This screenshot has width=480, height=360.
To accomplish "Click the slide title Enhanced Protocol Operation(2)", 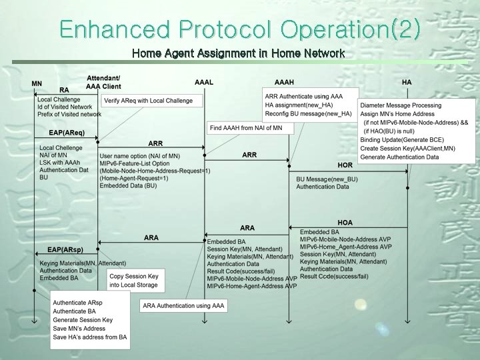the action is pos(239,29).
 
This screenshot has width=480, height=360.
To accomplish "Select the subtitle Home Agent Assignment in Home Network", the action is pos(238,53).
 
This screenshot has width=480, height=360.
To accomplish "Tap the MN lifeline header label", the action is pos(37,83).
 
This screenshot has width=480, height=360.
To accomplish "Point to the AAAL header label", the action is pos(204,83).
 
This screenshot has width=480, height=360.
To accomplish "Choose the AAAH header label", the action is pos(284,83).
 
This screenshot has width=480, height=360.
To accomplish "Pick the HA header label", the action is pos(407,83).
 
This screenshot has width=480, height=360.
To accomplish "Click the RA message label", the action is pos(64,90).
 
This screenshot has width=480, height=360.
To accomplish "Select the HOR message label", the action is pos(345,165).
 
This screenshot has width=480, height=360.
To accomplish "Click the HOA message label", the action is pos(345,222).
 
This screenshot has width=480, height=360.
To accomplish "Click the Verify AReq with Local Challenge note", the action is pos(151,101).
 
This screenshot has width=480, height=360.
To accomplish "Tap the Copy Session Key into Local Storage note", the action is pos(134,280).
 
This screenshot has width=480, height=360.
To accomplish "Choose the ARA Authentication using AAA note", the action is pos(184,306).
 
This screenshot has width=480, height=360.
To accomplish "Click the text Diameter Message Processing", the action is pos(400,105).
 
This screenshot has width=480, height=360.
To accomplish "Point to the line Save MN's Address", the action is pos(79,329).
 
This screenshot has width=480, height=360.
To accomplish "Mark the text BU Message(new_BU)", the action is pos(327,179).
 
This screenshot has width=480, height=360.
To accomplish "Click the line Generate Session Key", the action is pos(83,320).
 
